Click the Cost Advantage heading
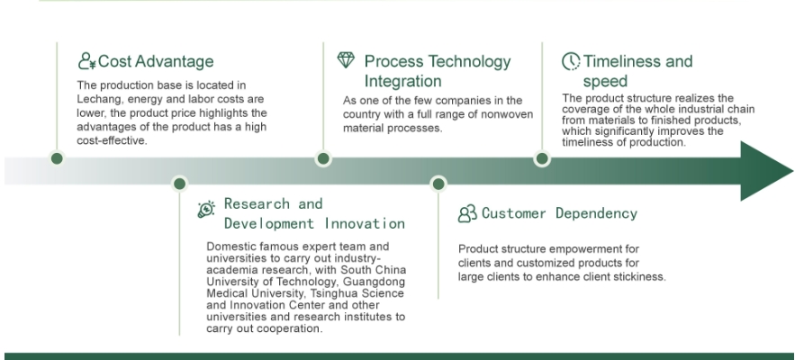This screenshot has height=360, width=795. click(156, 61)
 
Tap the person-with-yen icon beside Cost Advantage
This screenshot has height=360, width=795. click(86, 60)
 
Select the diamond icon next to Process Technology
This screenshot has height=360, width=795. click(346, 59)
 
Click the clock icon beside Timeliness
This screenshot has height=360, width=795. click(571, 61)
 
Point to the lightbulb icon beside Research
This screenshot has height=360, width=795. click(206, 209)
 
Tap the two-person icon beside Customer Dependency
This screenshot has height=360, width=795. click(467, 213)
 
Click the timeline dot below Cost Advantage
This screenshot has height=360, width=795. click(57, 158)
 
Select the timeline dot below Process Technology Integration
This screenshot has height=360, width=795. click(323, 158)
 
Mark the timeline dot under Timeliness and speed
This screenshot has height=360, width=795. click(542, 158)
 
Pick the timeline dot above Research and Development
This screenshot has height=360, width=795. click(179, 184)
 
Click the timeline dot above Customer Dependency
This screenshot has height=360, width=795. click(438, 184)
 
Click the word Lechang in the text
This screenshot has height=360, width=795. click(96, 99)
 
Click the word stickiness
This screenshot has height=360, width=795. click(642, 277)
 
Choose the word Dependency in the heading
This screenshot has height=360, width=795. click(596, 213)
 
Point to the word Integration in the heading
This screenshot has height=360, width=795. click(402, 81)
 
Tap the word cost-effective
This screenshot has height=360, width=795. click(112, 141)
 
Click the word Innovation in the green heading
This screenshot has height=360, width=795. click(365, 223)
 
